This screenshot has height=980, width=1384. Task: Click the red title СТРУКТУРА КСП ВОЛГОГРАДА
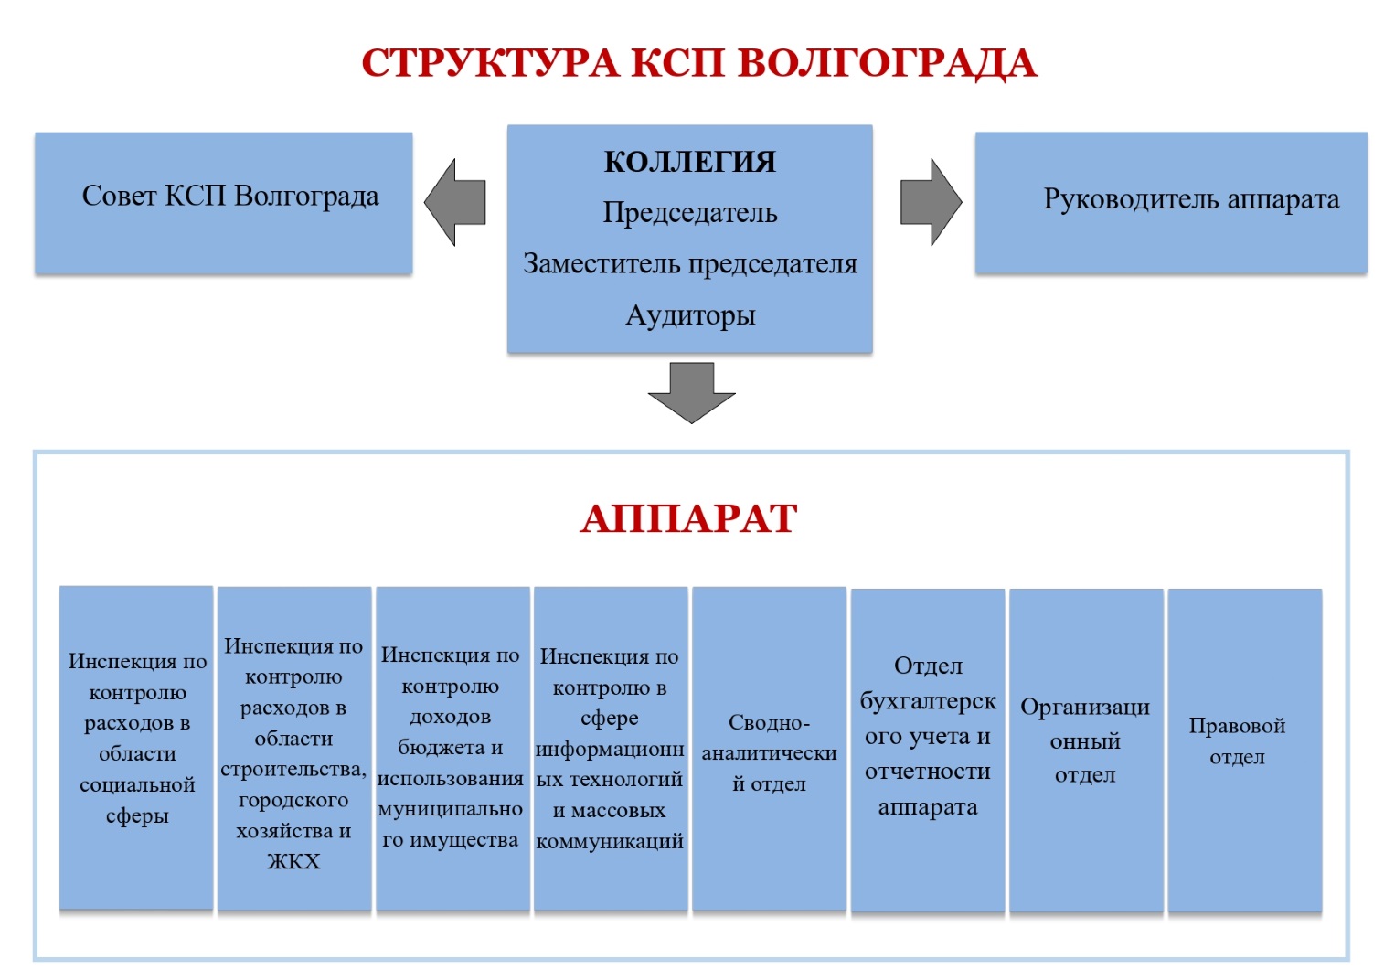(699, 64)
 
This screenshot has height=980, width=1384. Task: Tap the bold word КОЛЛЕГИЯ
(689, 162)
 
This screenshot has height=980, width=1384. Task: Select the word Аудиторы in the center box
(690, 315)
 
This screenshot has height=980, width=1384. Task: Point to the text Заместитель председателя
(690, 264)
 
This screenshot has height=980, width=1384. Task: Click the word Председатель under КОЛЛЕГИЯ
(690, 213)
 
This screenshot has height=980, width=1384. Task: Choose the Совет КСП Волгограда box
(224, 203)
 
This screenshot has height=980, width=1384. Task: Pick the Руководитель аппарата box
(1171, 203)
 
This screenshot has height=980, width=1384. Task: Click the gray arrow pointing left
(454, 202)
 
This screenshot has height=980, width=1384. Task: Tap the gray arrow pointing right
(932, 202)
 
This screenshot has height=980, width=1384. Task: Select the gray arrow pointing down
(691, 393)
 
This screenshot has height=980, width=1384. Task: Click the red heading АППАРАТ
(689, 518)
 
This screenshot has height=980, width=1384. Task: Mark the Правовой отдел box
(1244, 751)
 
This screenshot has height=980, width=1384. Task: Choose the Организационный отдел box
(1086, 751)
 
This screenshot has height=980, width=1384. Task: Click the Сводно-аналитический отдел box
(769, 749)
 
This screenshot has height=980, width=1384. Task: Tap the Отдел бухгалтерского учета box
(928, 751)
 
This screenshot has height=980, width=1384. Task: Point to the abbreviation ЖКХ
(293, 862)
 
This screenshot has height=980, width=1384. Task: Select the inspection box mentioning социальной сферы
(136, 748)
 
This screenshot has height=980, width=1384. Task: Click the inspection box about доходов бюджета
(452, 749)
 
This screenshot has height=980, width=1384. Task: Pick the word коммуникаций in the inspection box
(610, 842)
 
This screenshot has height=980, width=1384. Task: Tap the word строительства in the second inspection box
(293, 770)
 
